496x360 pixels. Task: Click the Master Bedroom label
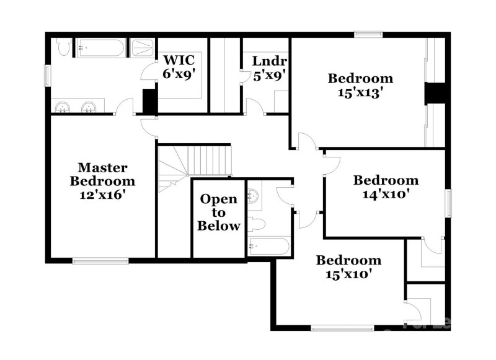coord(102,175)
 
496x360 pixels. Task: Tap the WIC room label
coord(179,61)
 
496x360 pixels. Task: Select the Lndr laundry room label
coord(269,61)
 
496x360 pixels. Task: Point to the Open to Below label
coord(218,213)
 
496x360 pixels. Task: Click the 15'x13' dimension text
coord(360,92)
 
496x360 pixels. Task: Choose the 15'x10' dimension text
coord(348,273)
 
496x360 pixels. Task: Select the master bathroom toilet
coord(63,47)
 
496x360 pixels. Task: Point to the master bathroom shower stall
coord(142,48)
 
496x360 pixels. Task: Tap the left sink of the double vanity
coord(63,108)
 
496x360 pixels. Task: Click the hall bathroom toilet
coord(256,222)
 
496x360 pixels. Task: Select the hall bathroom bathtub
coord(268,246)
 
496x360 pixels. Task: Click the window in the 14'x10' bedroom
coord(449,204)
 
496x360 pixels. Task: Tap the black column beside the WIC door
coord(149,102)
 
